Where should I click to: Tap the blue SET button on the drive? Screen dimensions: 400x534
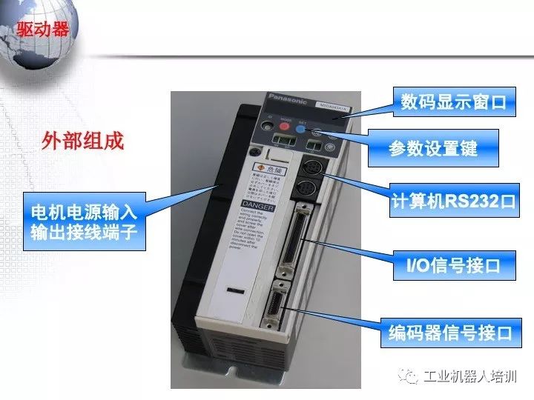(300, 128)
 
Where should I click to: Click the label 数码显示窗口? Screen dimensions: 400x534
(453, 102)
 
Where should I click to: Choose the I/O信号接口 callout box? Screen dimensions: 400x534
(454, 264)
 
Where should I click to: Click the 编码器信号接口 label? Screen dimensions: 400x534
(451, 332)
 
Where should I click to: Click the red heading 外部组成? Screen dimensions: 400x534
(82, 141)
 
